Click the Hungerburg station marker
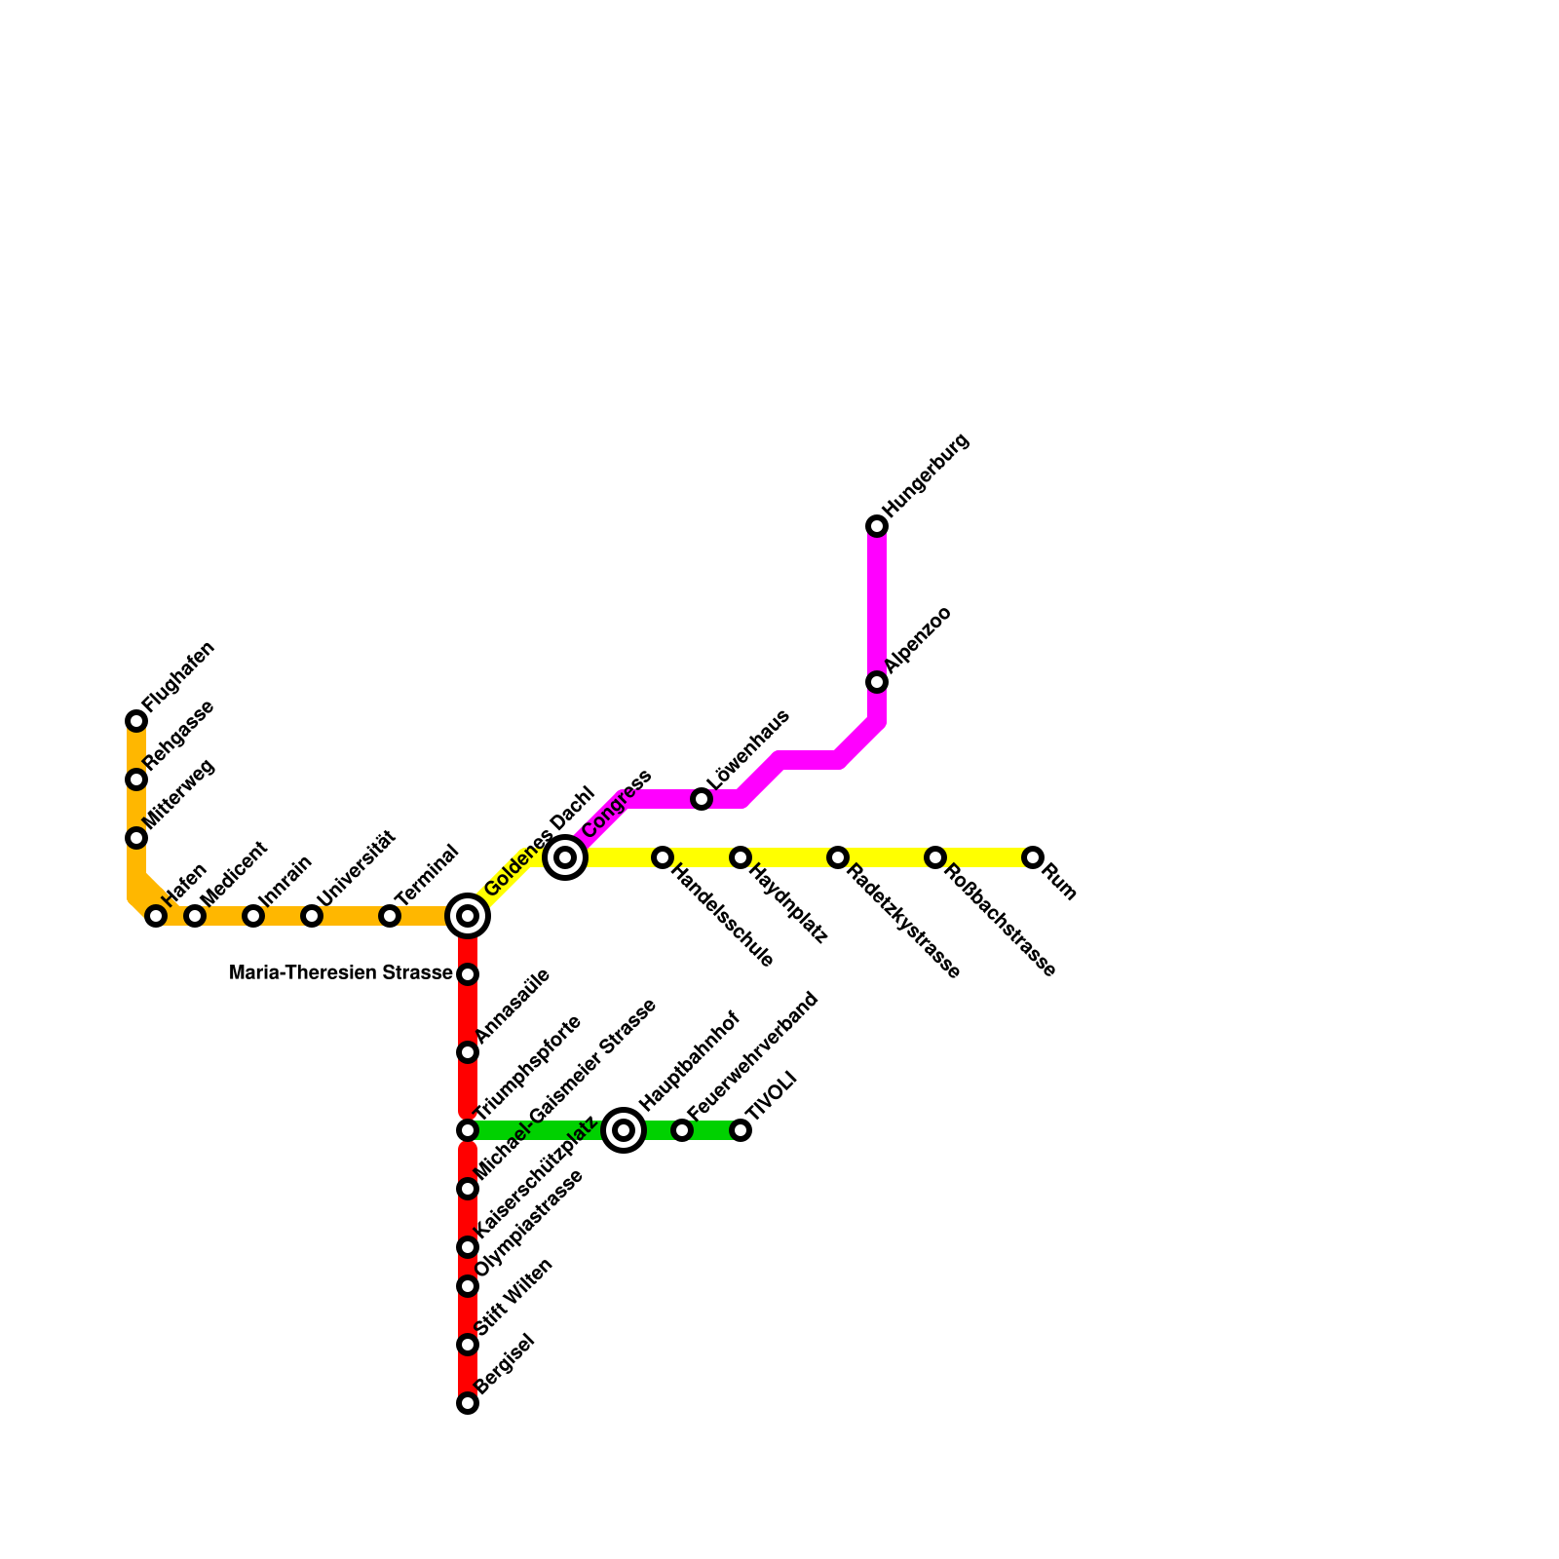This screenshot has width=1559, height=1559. [877, 526]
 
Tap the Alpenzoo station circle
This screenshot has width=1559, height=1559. [877, 682]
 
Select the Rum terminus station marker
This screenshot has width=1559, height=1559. [1033, 857]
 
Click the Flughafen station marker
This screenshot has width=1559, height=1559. [136, 721]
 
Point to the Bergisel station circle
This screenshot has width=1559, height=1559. [468, 1403]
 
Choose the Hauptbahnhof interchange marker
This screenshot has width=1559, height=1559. [624, 1130]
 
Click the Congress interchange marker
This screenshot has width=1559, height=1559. [565, 857]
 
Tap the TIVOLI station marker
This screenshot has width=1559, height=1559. [741, 1130]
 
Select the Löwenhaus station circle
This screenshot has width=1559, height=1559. [702, 799]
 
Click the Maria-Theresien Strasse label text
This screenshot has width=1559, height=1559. [340, 973]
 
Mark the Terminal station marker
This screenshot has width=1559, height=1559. [390, 916]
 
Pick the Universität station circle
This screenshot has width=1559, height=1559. [312, 916]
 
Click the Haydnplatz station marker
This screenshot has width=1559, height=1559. [741, 857]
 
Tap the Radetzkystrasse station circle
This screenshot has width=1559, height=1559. [838, 857]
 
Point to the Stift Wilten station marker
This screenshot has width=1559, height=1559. [468, 1345]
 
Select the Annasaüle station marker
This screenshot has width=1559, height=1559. [468, 1052]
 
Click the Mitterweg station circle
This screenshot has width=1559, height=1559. [136, 838]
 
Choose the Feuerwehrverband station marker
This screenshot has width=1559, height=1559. [682, 1130]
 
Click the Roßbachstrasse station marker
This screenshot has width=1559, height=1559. [935, 857]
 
